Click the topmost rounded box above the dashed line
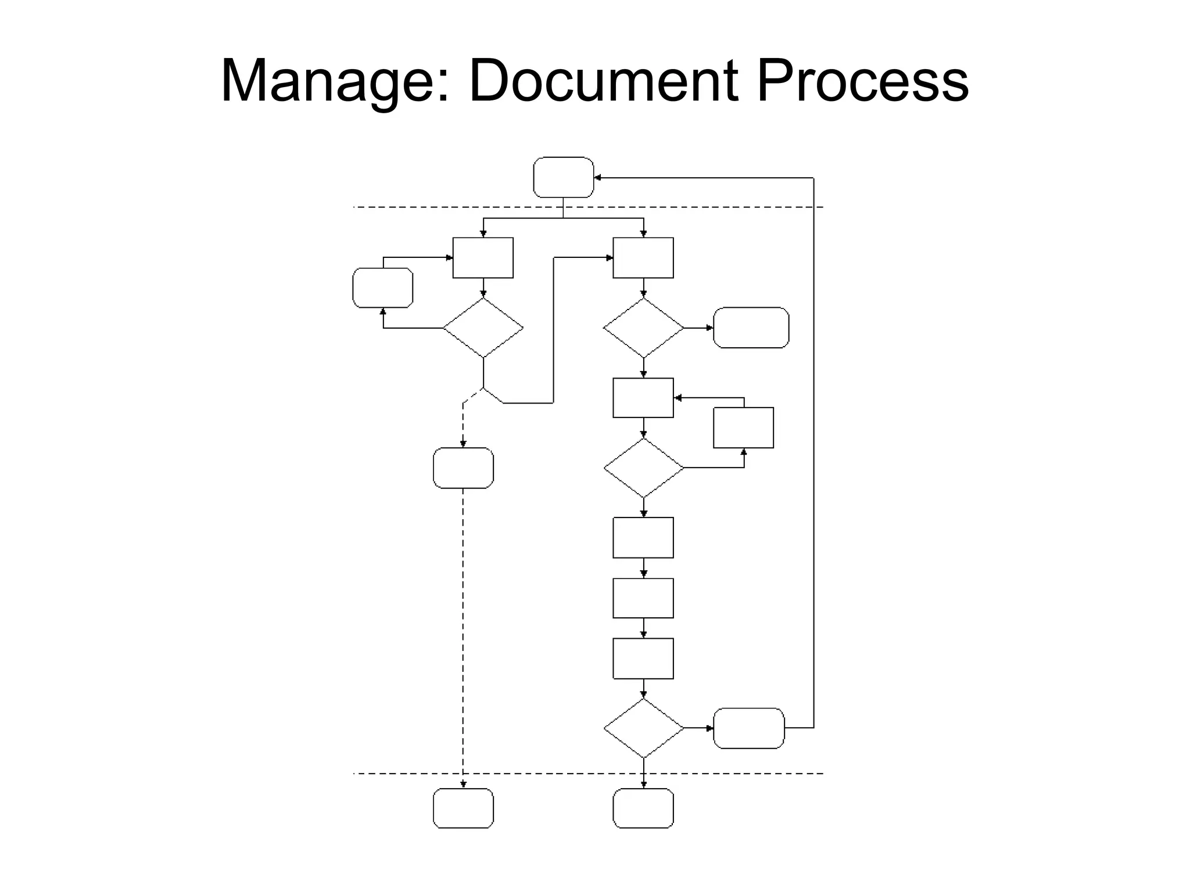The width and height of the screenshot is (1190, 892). click(563, 177)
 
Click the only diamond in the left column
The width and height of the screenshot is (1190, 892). click(483, 328)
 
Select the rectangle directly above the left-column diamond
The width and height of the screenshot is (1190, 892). click(483, 258)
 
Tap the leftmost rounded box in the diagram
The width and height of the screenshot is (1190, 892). click(383, 287)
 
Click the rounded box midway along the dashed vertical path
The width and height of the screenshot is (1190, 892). click(463, 468)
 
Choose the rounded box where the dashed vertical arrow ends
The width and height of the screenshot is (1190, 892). click(463, 808)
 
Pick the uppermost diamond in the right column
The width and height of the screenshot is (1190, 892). click(643, 328)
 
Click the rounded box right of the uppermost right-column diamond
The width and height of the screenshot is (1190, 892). click(751, 328)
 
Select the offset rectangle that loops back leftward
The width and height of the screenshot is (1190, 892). click(743, 427)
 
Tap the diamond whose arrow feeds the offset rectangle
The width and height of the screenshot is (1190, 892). click(643, 468)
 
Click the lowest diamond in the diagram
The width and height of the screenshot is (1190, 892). click(643, 728)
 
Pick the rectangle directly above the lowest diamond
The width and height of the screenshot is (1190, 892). click(643, 659)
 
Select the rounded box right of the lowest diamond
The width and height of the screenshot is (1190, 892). click(748, 728)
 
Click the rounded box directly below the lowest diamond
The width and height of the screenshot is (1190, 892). click(643, 808)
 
